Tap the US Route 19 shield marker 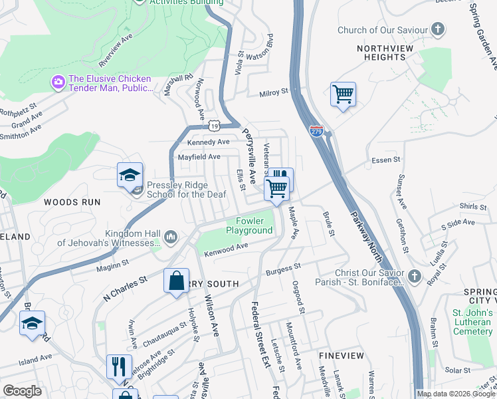(213, 125)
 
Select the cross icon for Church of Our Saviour (437, 29)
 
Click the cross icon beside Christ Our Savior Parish (414, 275)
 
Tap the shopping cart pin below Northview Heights (343, 95)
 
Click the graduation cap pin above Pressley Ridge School (130, 176)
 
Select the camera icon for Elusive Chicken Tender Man (58, 82)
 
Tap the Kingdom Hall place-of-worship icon (171, 236)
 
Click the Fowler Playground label (249, 226)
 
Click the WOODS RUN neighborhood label (72, 201)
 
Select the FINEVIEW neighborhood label (341, 356)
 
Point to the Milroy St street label (274, 92)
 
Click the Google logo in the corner (22, 391)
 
